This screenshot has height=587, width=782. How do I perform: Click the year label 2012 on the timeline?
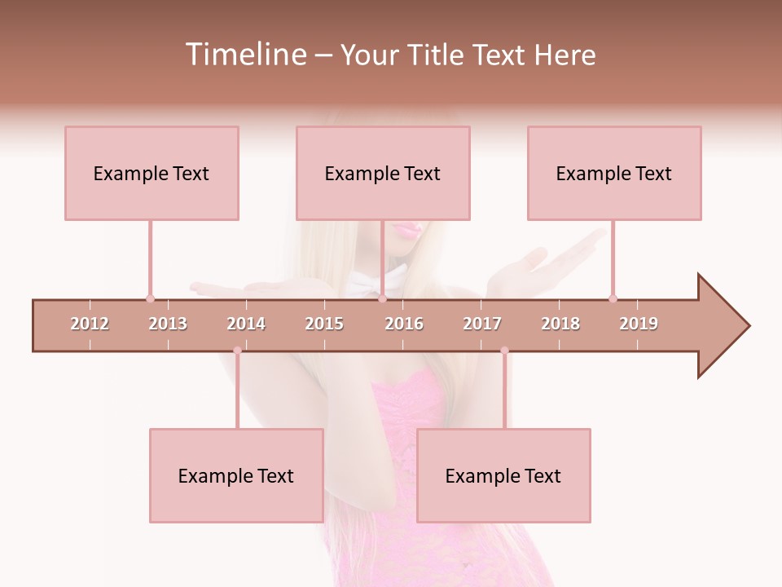point(90,324)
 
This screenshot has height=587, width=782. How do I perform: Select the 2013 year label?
point(168,324)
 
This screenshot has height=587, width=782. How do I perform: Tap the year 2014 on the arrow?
point(246,324)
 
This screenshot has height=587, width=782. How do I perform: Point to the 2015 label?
point(324,324)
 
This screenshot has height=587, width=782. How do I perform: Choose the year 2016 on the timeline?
point(404,324)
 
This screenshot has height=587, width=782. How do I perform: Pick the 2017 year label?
point(482,324)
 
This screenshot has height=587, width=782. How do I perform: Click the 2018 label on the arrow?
point(560,324)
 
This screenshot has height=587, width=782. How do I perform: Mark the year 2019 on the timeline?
point(639,324)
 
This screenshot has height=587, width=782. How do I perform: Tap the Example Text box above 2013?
point(152,173)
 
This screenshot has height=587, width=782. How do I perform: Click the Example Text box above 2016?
point(383,173)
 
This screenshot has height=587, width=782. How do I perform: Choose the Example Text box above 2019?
point(614,173)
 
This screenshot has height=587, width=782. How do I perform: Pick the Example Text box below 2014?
point(236,475)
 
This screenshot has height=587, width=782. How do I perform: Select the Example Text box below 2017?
point(503,475)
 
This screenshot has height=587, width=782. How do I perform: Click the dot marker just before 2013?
point(150,298)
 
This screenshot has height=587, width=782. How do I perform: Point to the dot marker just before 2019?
point(613,298)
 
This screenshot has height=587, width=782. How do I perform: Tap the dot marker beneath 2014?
point(237,351)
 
